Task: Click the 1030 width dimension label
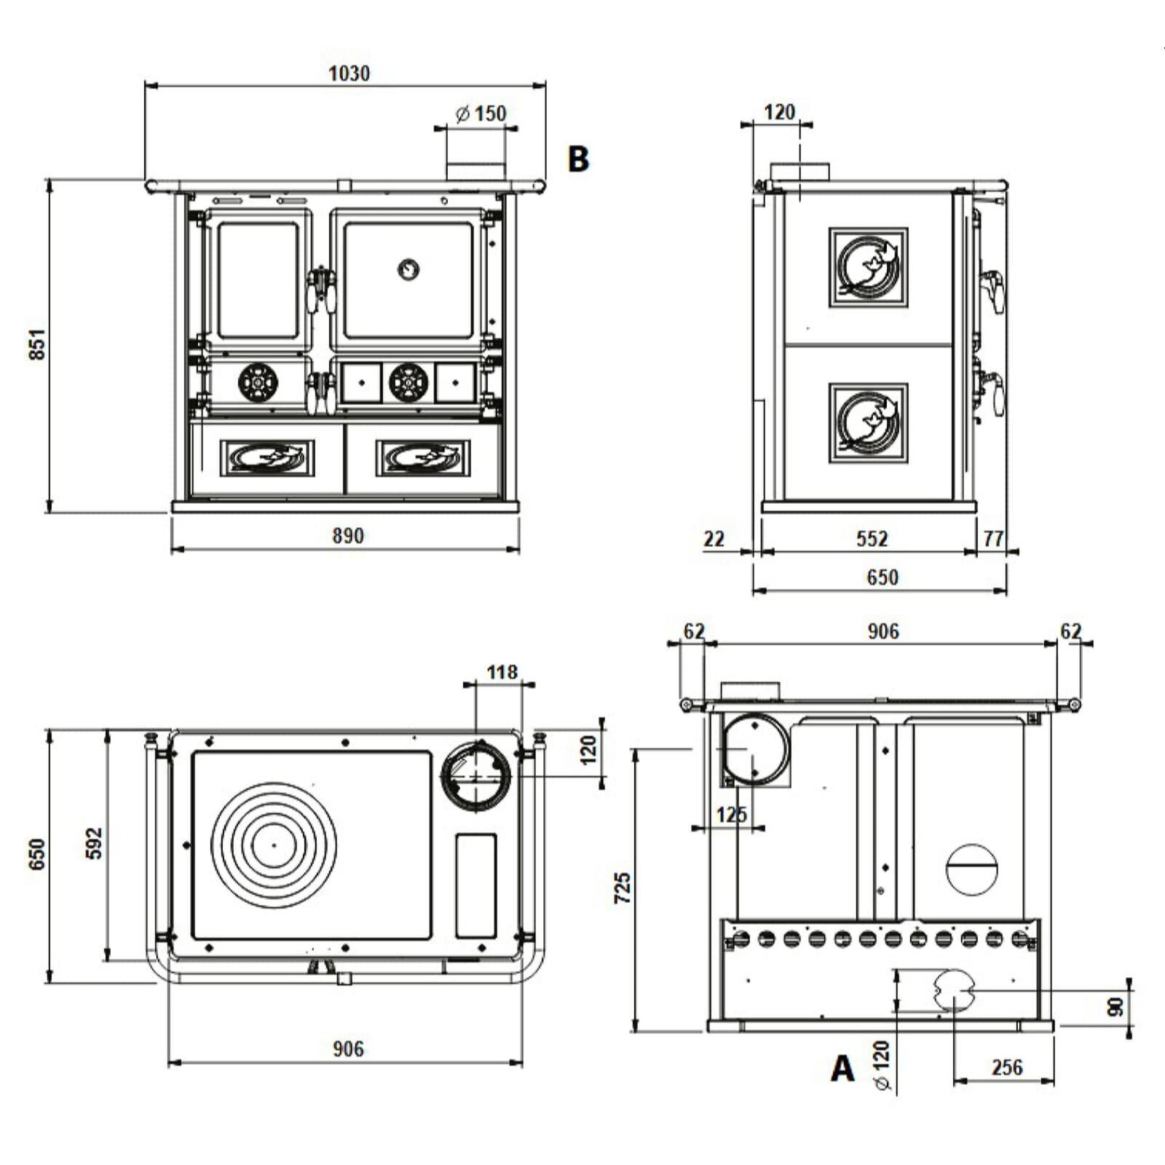point(349,74)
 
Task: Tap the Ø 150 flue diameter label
point(481,114)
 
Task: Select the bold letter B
point(578,159)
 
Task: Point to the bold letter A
point(842,1069)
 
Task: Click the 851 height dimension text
point(37,344)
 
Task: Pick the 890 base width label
point(347,536)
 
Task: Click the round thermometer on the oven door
point(408,269)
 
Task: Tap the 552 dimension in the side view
point(872,539)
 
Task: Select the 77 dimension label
point(993,539)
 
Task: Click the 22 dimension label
point(714,539)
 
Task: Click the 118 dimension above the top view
point(502,671)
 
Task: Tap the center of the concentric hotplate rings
point(274,845)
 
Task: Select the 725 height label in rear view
point(623,888)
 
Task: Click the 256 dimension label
point(1007,1067)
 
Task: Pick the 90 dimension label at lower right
point(1115,1008)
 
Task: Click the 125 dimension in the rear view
point(731,814)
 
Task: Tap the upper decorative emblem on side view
point(868,267)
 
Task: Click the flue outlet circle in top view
point(477,777)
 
